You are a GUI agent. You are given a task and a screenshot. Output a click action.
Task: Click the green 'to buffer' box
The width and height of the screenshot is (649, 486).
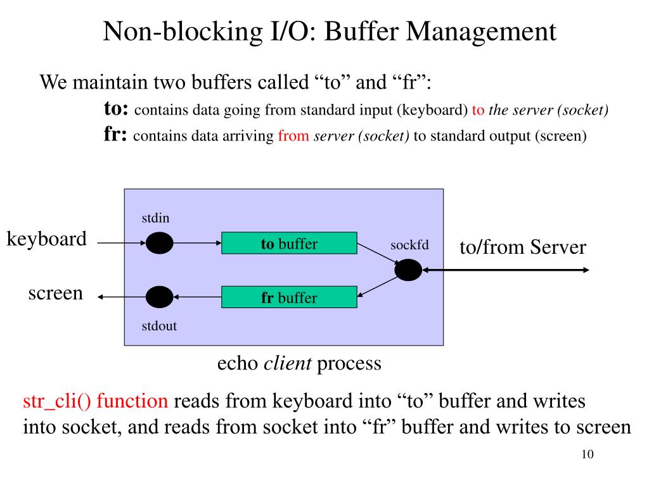[x=289, y=244]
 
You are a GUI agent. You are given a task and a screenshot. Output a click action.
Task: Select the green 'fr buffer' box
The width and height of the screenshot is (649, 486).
[x=289, y=297]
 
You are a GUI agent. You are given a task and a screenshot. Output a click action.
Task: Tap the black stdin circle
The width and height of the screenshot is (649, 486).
[x=159, y=243]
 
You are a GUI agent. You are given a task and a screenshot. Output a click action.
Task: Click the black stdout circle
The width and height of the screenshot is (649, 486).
[x=159, y=297]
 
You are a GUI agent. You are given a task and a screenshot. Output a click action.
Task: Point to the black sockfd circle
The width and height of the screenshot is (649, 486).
[x=408, y=270]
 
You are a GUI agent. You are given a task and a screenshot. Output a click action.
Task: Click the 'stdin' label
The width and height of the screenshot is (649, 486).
[x=155, y=218]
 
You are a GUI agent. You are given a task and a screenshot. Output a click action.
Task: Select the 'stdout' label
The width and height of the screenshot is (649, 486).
[x=158, y=327]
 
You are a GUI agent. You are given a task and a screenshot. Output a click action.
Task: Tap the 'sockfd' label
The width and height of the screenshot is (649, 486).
[x=409, y=245]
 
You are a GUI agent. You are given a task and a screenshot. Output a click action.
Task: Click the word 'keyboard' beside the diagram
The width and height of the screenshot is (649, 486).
[x=47, y=239]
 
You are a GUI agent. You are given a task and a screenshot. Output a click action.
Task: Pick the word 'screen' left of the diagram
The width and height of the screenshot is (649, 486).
[x=56, y=293]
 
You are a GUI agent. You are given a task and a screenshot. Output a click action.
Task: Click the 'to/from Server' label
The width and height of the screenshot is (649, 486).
[x=523, y=247]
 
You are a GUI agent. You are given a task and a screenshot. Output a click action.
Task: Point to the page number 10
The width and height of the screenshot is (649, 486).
[x=586, y=456]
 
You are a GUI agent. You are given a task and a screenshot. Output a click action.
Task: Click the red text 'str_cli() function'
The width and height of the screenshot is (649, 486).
[x=96, y=401]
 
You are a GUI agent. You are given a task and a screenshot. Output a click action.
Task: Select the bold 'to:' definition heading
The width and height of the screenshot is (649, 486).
[x=117, y=109]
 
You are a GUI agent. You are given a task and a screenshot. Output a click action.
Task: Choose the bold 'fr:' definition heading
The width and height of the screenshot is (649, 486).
[x=116, y=135]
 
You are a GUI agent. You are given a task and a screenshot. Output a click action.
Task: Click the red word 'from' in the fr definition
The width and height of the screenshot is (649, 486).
[x=293, y=136]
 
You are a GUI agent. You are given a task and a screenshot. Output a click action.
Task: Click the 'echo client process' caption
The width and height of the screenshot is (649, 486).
[x=299, y=363]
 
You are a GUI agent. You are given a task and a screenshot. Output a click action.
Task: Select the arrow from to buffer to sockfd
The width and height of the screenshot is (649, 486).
[x=378, y=254]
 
